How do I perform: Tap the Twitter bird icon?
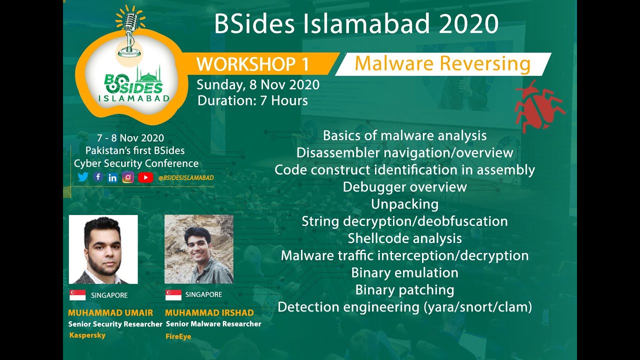coord(83,177)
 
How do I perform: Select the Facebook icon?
coord(98,176)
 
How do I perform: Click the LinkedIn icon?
coord(112,177)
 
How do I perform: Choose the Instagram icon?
coord(128,177)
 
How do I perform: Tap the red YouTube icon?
coord(145,177)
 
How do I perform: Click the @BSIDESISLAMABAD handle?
coord(185,177)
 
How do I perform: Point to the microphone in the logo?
coord(130,30)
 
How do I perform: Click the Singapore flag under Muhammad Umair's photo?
coord(77,295)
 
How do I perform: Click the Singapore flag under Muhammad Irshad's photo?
coord(173,294)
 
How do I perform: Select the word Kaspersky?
coord(87,335)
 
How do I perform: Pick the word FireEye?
coord(178,336)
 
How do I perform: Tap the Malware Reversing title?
coord(442,64)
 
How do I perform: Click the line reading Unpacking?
coord(404,204)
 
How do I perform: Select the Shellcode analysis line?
coord(404,238)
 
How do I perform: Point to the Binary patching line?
coord(404,290)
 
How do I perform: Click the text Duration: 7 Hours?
coord(252,100)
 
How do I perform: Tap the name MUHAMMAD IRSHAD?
coord(209,313)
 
